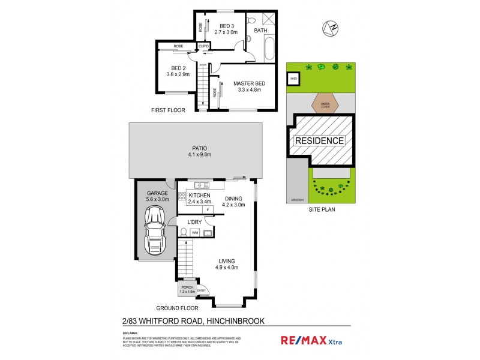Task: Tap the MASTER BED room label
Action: [x=249, y=83]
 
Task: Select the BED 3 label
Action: [x=226, y=26]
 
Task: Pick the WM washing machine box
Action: [x=195, y=232]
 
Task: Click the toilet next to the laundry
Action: [x=182, y=232]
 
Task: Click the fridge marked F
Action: [x=207, y=210]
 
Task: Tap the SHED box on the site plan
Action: [x=294, y=79]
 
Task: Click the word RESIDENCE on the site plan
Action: [x=319, y=141]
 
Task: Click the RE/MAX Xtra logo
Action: [x=312, y=340]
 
